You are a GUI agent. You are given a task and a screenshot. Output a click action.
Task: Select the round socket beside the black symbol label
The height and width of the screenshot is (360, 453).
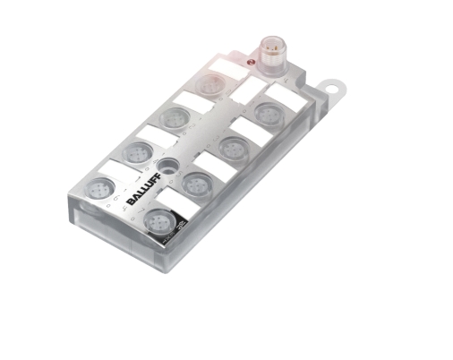coord(158,219)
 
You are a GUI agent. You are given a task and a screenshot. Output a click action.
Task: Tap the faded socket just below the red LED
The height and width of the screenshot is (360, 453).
coord(211,85)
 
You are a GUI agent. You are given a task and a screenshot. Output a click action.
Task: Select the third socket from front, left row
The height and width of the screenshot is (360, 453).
coord(173,116)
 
